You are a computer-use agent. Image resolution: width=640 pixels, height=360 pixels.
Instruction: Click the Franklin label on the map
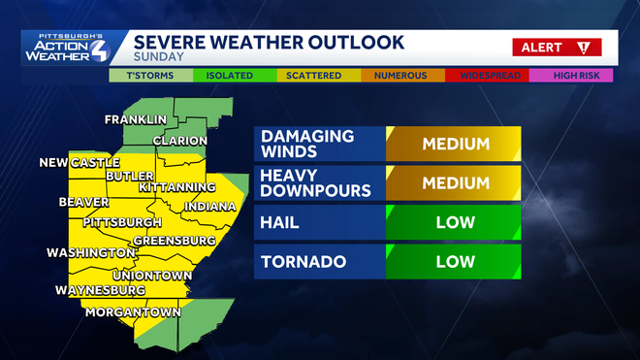pyautogui.click(x=136, y=120)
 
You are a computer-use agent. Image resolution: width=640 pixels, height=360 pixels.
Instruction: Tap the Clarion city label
pyautogui.click(x=179, y=141)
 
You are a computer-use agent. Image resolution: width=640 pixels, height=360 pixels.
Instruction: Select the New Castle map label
pyautogui.click(x=80, y=162)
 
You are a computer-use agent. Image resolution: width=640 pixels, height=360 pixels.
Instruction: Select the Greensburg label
pyautogui.click(x=174, y=240)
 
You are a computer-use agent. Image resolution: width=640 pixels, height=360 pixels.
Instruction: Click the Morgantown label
pyautogui.click(x=134, y=312)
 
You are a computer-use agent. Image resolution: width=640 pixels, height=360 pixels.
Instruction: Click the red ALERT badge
pyautogui.click(x=557, y=47)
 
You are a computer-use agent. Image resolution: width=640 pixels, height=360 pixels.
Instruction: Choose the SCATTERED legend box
pyautogui.click(x=312, y=75)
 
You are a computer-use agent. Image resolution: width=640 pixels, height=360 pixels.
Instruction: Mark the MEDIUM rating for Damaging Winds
pyautogui.click(x=454, y=144)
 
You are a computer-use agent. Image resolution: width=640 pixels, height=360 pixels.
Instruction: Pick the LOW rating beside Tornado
pyautogui.click(x=454, y=262)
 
